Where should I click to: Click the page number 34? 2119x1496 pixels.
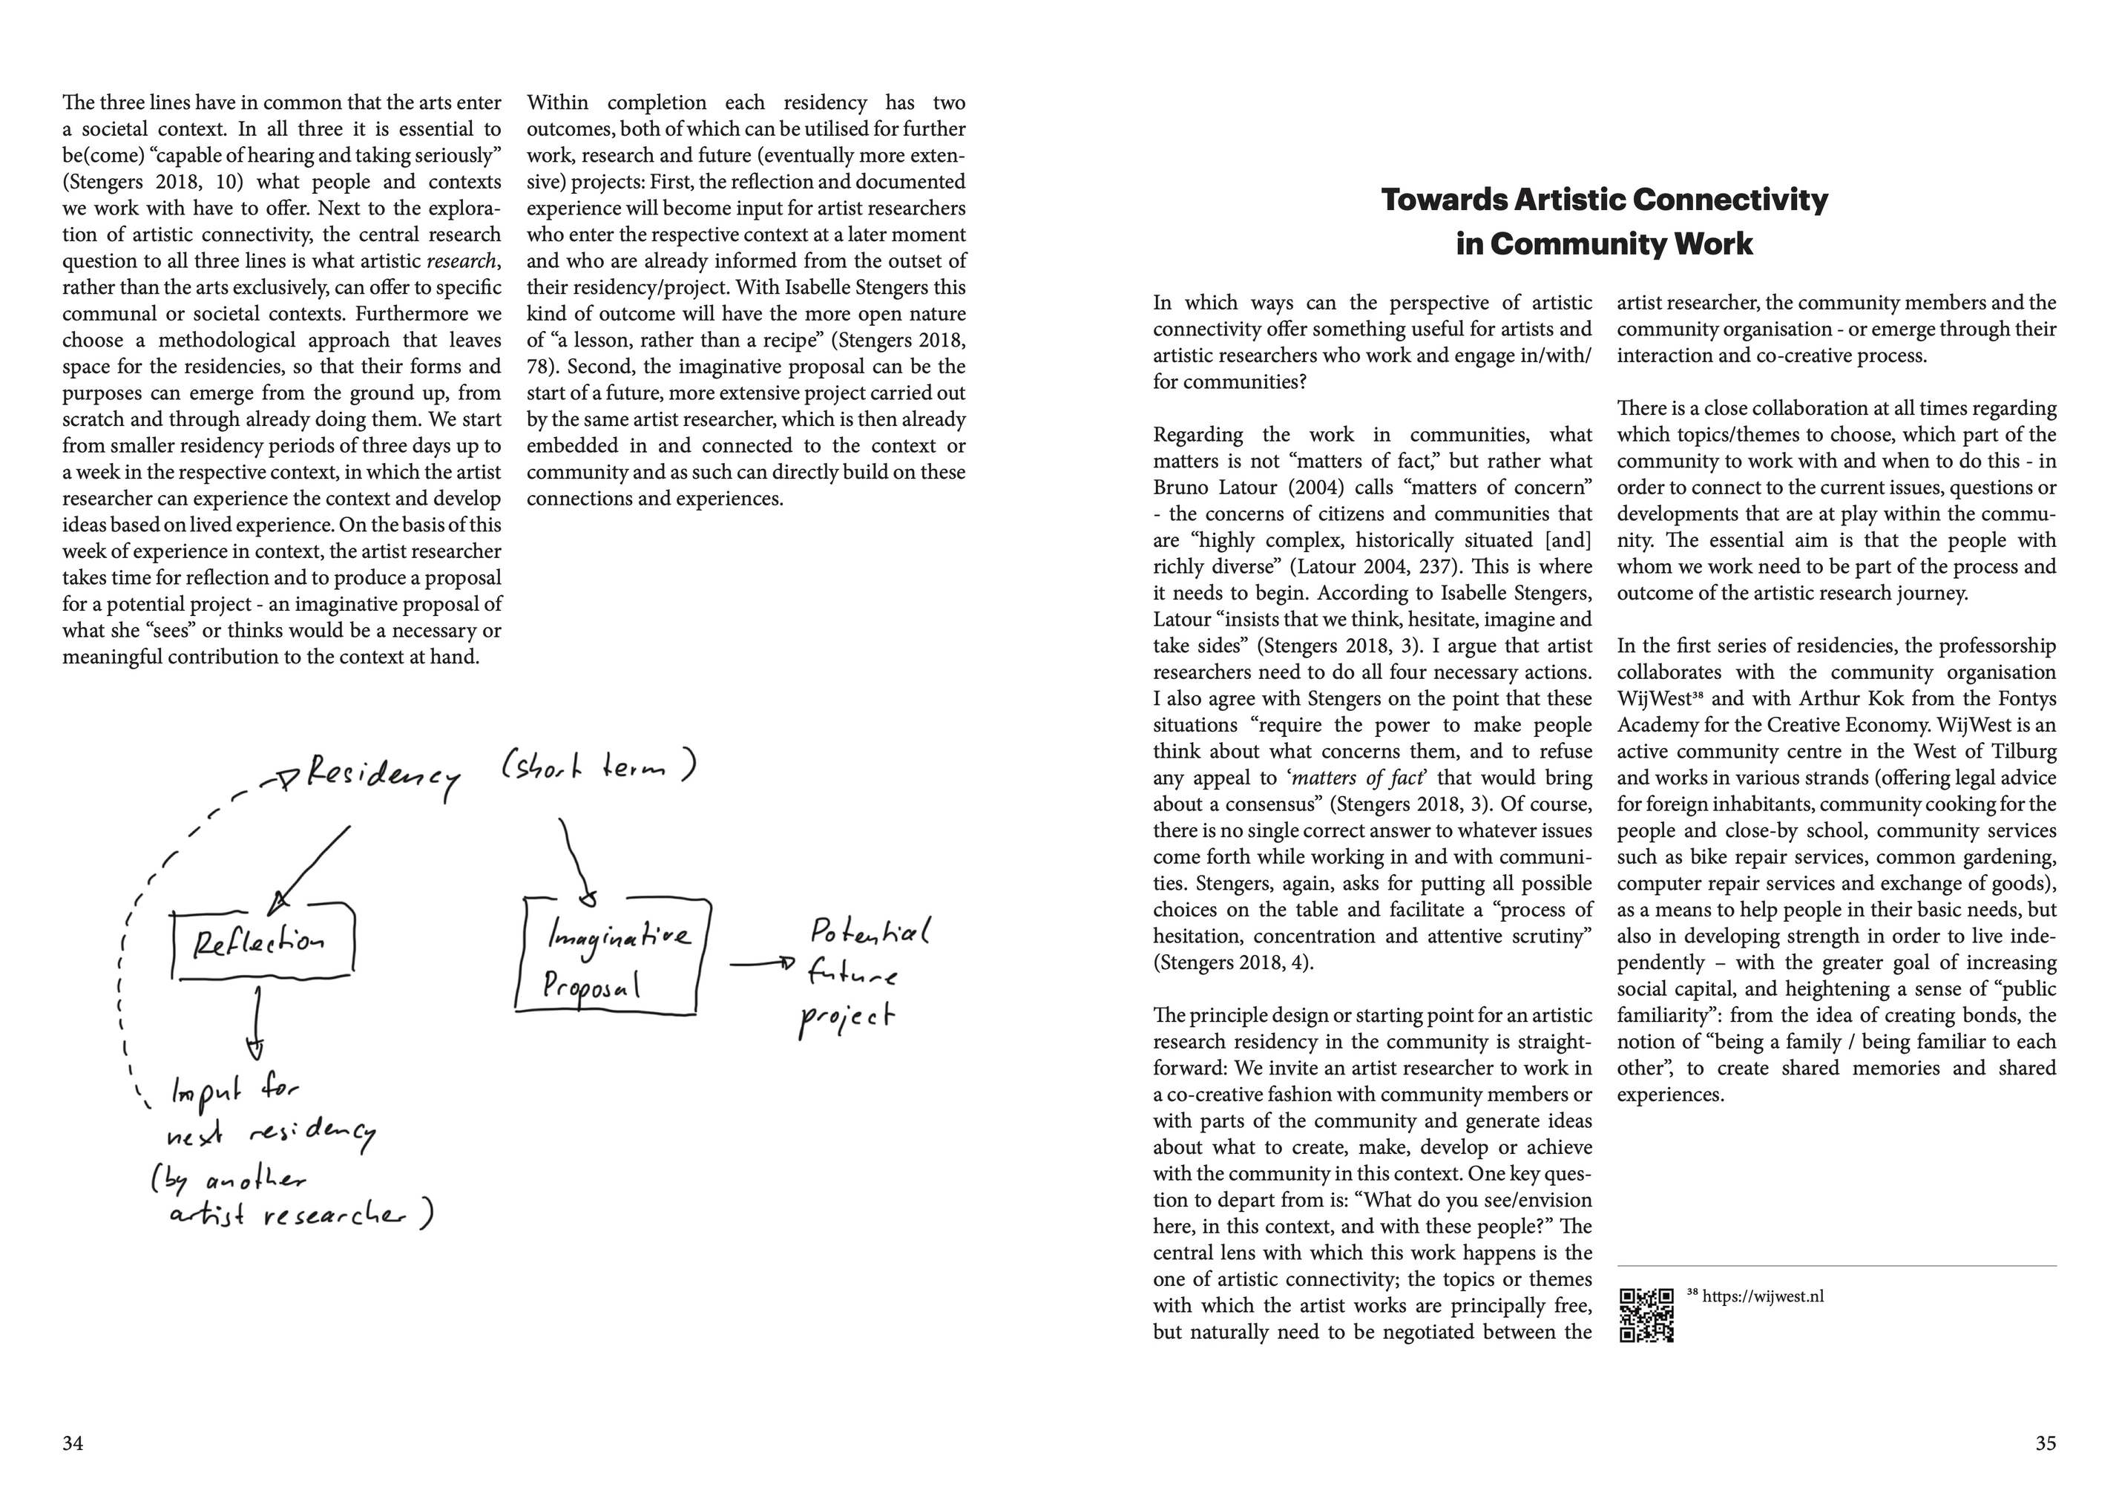coord(73,1443)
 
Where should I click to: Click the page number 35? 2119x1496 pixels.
coord(2045,1443)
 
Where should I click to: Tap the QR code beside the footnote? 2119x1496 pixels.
coord(1646,1314)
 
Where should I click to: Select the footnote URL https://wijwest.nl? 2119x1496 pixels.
coord(1763,1296)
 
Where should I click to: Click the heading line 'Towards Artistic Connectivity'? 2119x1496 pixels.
coord(1604,200)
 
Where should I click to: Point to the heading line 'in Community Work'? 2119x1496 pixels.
coord(1604,245)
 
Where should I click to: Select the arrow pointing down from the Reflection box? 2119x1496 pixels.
coord(257,1023)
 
